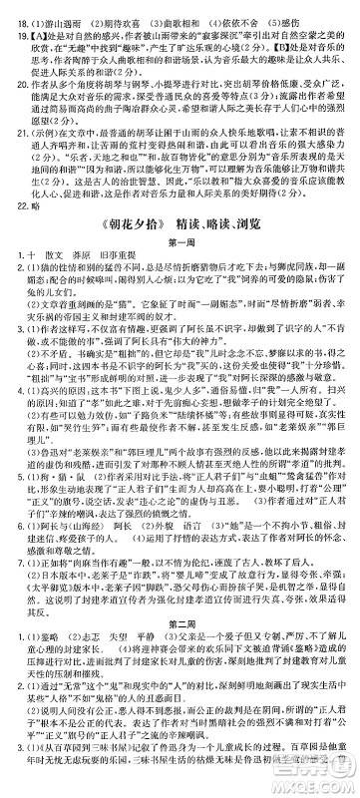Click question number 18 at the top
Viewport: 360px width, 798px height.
[10, 9]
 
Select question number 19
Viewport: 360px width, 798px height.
[10, 24]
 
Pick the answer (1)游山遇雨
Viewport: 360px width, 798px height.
[44, 9]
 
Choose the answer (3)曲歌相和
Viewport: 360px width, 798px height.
[158, 9]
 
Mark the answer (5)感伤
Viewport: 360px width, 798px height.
[283, 9]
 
